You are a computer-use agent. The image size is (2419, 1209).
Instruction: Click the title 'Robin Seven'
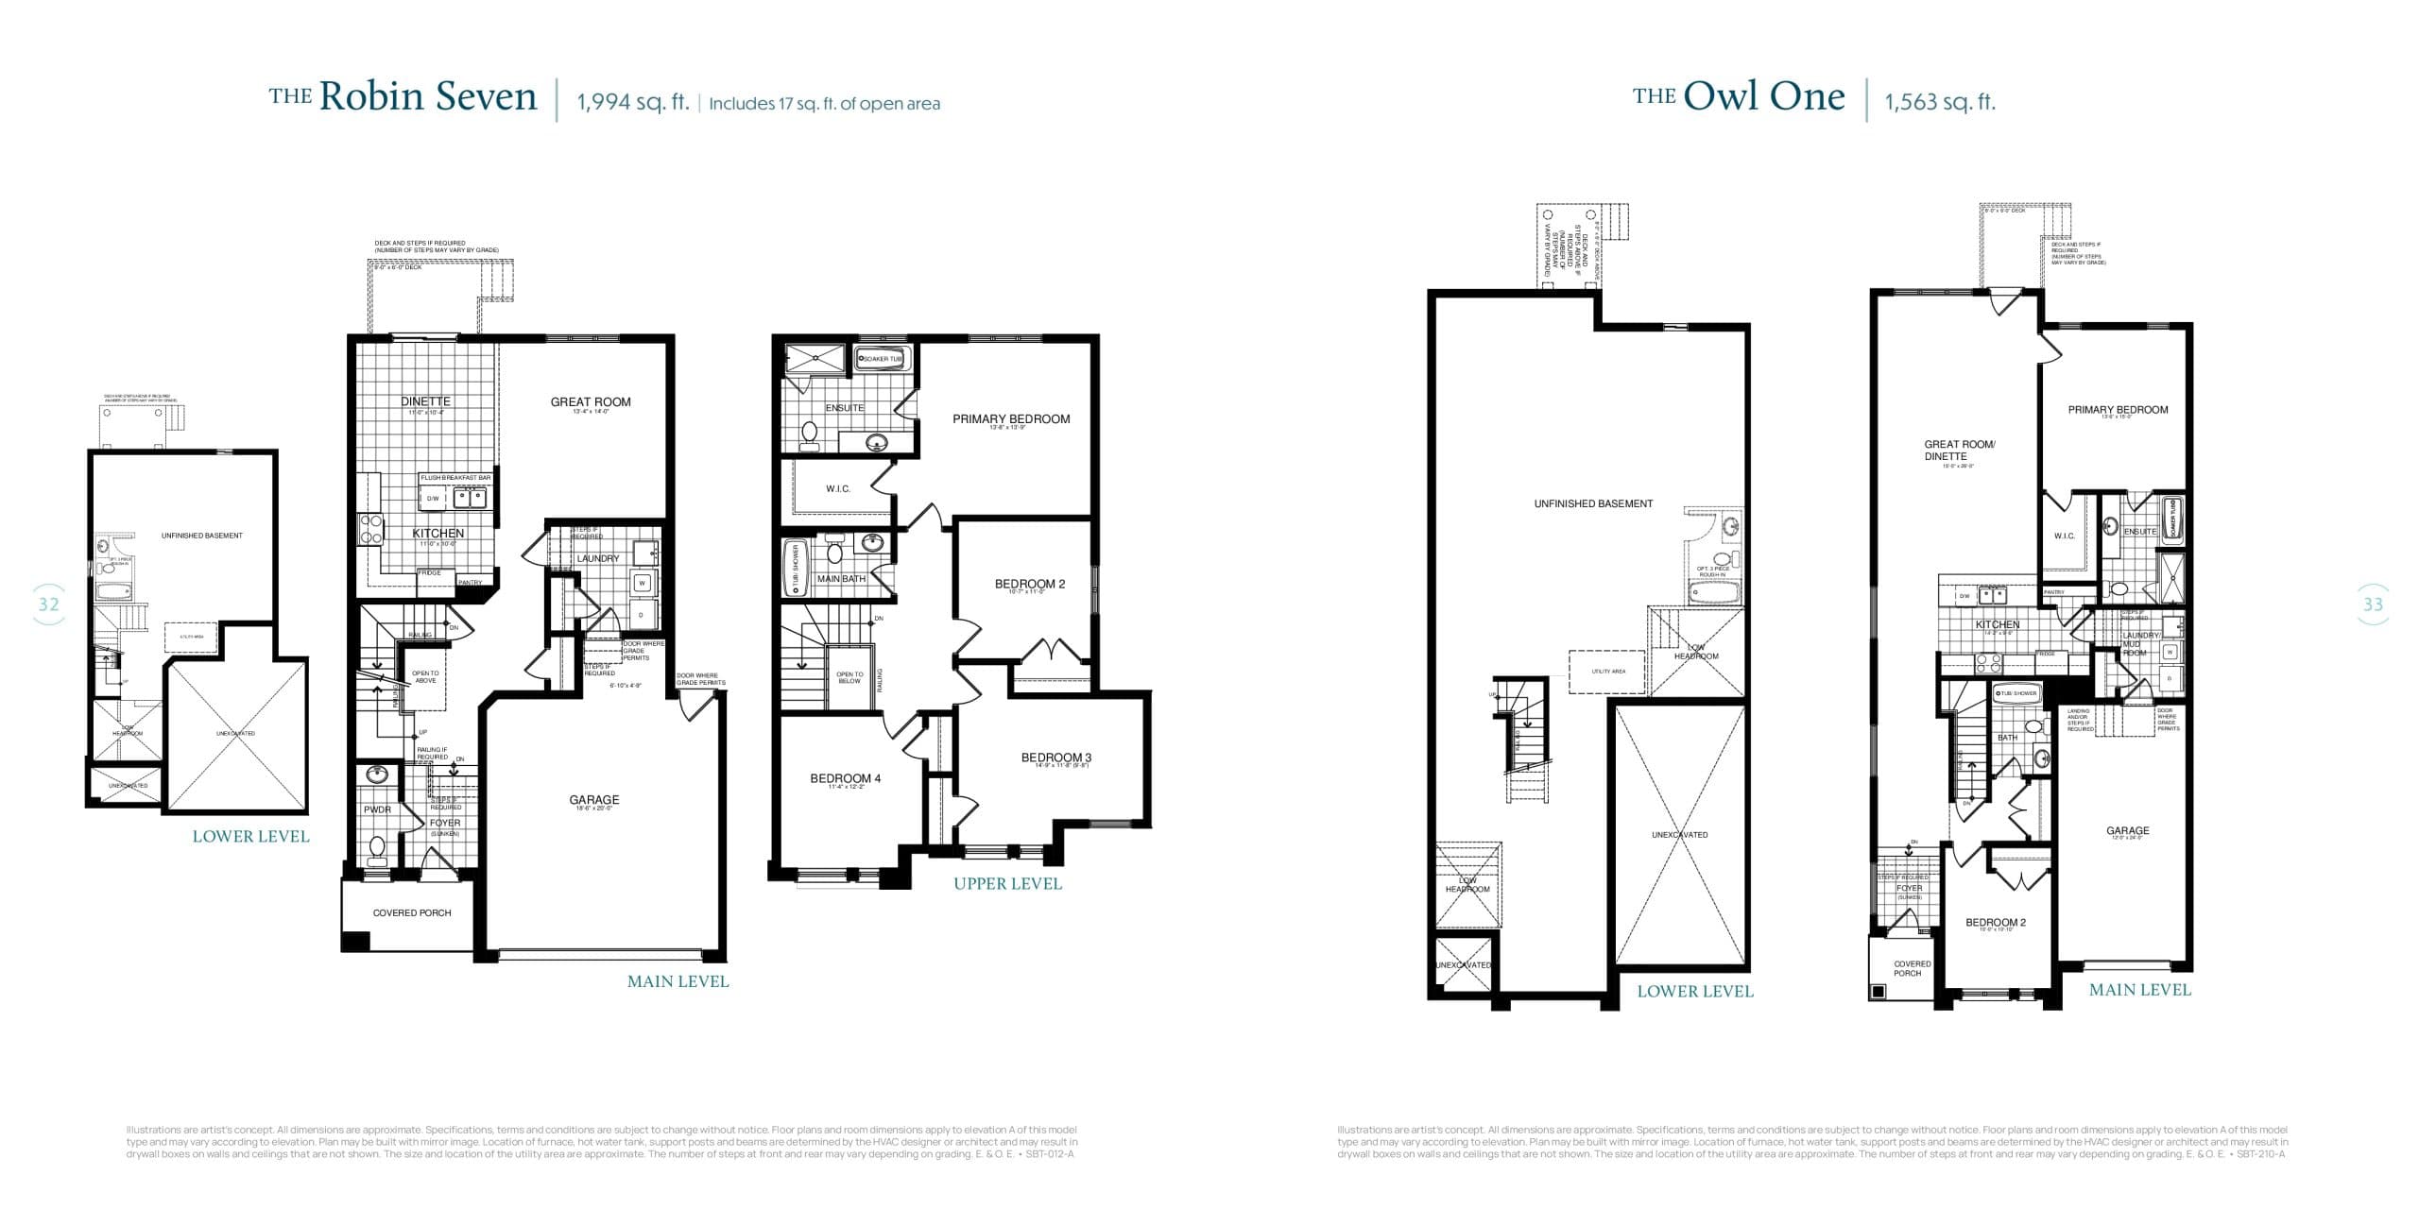pos(427,97)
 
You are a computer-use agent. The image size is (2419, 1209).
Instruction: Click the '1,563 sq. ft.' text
pos(1940,102)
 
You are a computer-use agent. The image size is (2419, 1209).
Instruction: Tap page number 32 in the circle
pos(48,604)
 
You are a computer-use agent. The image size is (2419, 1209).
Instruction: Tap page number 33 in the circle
pos(2373,604)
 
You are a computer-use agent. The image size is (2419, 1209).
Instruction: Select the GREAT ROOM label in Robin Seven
pos(591,402)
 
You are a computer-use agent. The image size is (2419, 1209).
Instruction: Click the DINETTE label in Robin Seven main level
pos(425,402)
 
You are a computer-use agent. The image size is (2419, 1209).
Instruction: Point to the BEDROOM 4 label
pos(845,778)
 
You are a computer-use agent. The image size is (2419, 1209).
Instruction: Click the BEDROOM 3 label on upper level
pos(1055,758)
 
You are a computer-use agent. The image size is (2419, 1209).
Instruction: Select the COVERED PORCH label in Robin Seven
pos(412,913)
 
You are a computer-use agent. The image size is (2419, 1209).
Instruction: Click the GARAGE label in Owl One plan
pos(2127,831)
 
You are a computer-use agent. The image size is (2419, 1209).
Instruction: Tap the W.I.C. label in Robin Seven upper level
pos(837,489)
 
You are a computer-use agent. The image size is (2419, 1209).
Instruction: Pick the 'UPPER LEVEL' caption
pos(1007,884)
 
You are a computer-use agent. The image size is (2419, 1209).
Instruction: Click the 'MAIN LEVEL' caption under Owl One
pos(2139,990)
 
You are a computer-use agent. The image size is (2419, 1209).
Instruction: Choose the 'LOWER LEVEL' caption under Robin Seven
pos(250,837)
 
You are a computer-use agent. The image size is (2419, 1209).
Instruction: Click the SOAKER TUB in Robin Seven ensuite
pos(881,359)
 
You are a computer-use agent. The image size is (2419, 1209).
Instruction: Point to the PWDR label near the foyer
pos(377,809)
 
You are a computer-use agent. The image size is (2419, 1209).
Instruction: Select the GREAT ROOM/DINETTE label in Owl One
pos(1959,450)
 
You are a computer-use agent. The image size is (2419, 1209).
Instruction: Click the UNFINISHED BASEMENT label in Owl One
pos(1593,504)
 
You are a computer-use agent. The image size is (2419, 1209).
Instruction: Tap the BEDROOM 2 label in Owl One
pos(1995,923)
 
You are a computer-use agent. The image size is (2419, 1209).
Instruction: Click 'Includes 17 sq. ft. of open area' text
pos(824,104)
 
